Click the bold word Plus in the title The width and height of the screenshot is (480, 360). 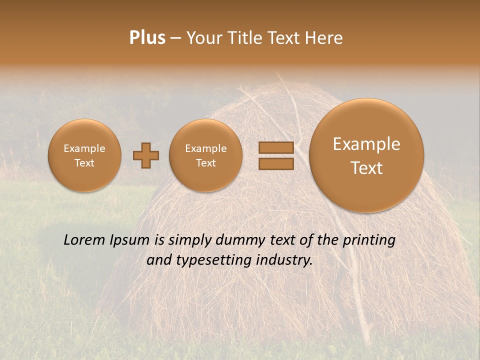pyautogui.click(x=147, y=38)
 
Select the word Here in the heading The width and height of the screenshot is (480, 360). pyautogui.click(x=324, y=38)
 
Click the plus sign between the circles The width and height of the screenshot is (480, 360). pyautogui.click(x=146, y=155)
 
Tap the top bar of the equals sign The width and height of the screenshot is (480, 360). pyautogui.click(x=276, y=148)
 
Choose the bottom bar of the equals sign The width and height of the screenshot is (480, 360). pyautogui.click(x=276, y=163)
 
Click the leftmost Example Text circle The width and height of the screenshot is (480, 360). pyautogui.click(x=84, y=155)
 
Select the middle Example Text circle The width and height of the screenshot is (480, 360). pyautogui.click(x=206, y=155)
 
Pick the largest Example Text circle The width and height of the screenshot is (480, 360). pyautogui.click(x=366, y=155)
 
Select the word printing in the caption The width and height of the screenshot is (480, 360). pyautogui.click(x=368, y=240)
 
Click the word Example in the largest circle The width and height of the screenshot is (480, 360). pyautogui.click(x=366, y=144)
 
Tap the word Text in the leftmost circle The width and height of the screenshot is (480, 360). pyautogui.click(x=84, y=163)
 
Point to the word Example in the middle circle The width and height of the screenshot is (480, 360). pyautogui.click(x=206, y=148)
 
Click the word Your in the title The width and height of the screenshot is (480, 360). pyautogui.click(x=203, y=38)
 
